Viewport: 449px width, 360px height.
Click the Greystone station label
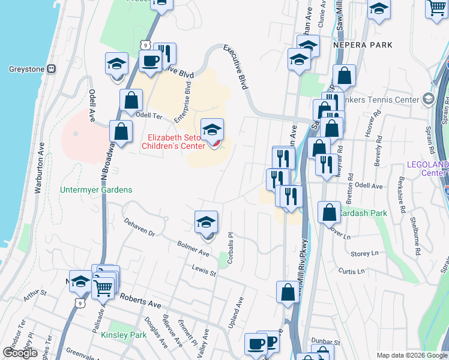click(x=26, y=68)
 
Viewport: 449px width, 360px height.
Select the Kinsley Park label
click(x=124, y=335)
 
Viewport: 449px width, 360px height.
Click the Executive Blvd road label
click(x=236, y=66)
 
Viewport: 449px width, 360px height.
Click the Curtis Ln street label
click(x=352, y=271)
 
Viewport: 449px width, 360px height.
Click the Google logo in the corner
click(x=20, y=353)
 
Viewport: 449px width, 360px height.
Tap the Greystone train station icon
click(x=52, y=68)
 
